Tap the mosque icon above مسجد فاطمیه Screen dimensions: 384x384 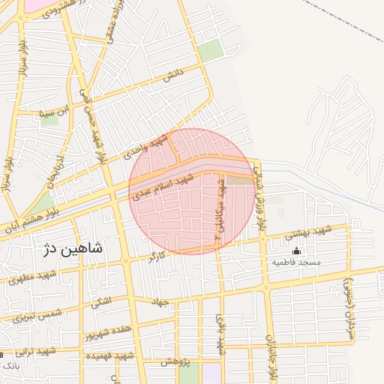pyautogui.click(x=296, y=250)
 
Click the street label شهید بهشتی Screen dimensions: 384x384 pyautogui.click(x=307, y=232)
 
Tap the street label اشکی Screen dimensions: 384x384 pyautogui.click(x=99, y=302)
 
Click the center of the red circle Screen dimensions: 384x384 pyautogui.click(x=192, y=191)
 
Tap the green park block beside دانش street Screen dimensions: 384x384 pyautogui.click(x=211, y=50)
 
